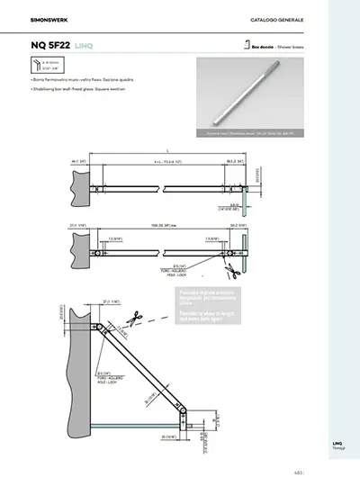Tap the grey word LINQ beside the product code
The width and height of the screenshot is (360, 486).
pyautogui.click(x=85, y=44)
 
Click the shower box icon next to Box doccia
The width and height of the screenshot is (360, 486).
pyautogui.click(x=245, y=42)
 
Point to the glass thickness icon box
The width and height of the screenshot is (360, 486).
pyautogui.click(x=44, y=67)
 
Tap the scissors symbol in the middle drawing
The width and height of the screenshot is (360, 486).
pyautogui.click(x=231, y=267)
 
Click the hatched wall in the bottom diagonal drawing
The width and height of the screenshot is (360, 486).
pyautogui.click(x=80, y=378)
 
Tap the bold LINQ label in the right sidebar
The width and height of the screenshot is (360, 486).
pyautogui.click(x=337, y=442)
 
